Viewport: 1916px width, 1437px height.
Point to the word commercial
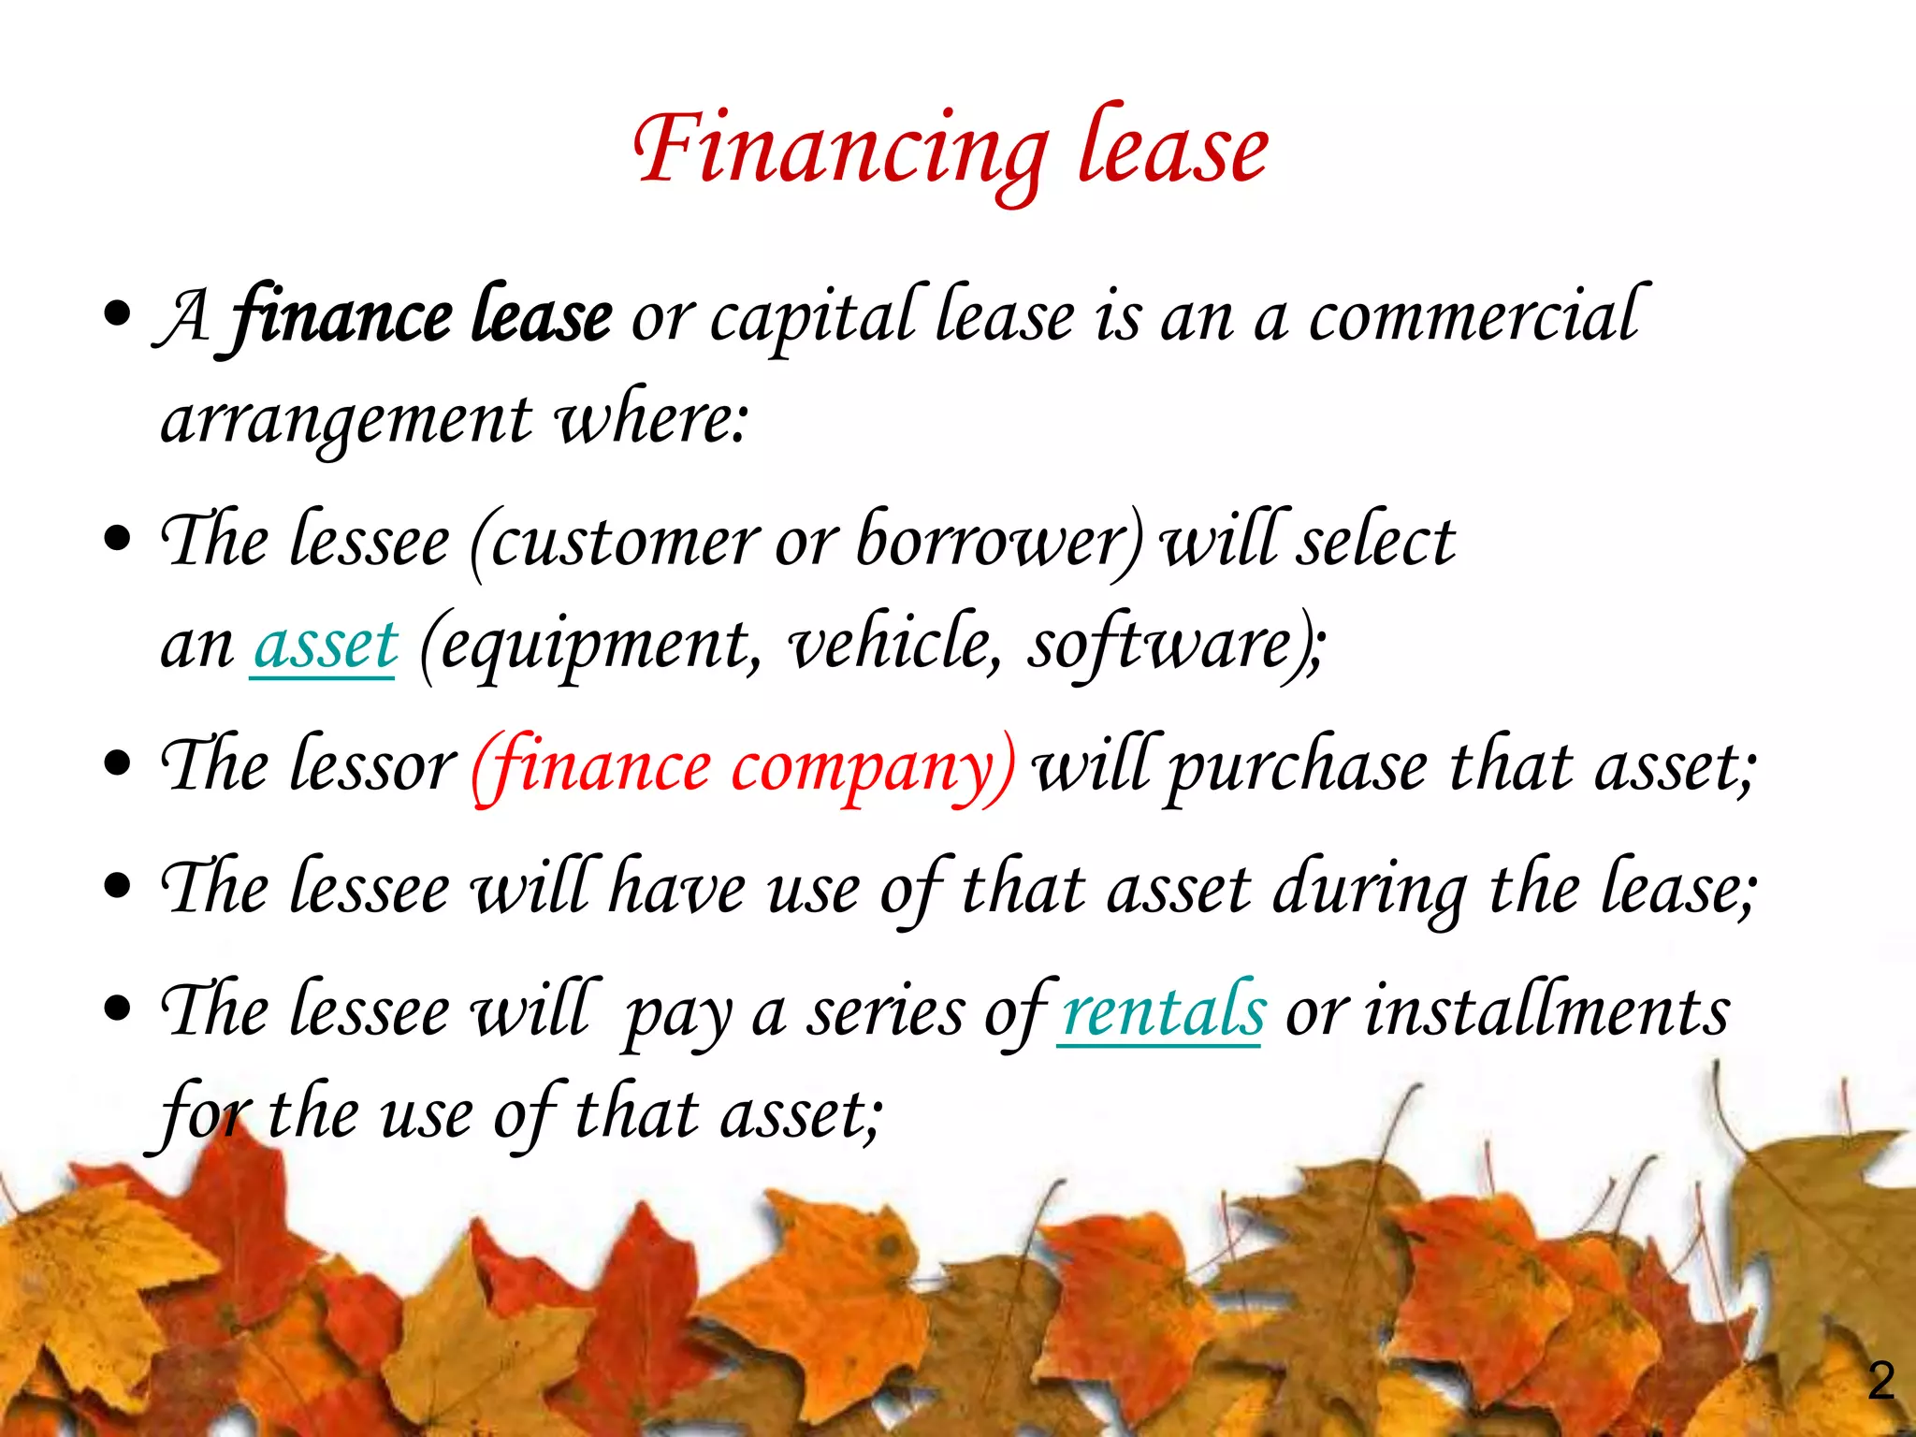coord(1473,316)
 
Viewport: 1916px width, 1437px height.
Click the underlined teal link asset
coord(326,646)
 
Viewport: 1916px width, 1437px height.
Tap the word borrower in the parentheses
coord(994,541)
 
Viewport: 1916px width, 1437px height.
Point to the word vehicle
coord(894,646)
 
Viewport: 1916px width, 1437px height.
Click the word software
coord(1160,646)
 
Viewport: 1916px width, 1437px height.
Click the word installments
coord(1547,1012)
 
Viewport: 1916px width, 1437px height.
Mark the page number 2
coord(1880,1381)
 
